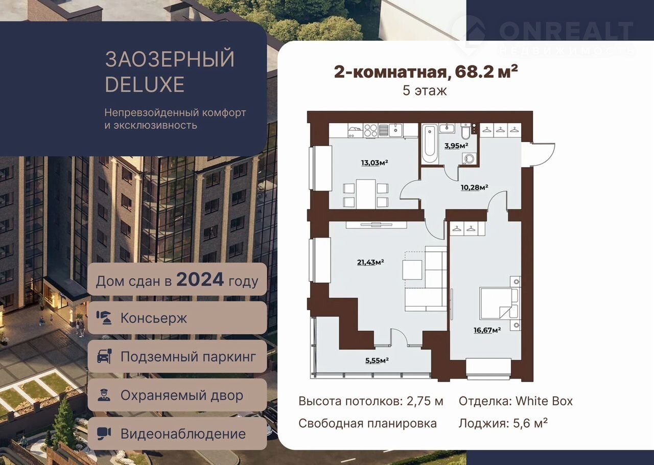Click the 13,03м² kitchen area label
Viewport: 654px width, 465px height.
click(x=375, y=162)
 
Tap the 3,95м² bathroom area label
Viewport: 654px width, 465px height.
click(x=456, y=146)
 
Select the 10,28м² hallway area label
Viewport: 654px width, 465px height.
click(x=475, y=187)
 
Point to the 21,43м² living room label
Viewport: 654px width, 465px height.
click(x=370, y=262)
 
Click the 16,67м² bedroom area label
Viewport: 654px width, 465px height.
click(x=487, y=330)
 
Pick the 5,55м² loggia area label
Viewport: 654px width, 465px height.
click(x=377, y=360)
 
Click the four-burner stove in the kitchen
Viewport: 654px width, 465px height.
click(x=370, y=130)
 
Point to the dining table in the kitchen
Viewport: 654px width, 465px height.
click(x=366, y=194)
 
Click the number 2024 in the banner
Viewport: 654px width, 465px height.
click(x=200, y=279)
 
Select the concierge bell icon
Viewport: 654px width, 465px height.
click(x=104, y=318)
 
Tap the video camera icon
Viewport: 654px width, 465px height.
click(x=104, y=434)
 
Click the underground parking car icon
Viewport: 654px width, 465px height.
click(x=104, y=356)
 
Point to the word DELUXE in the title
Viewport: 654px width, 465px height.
click(x=145, y=84)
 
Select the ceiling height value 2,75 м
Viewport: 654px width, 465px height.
click(x=425, y=401)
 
